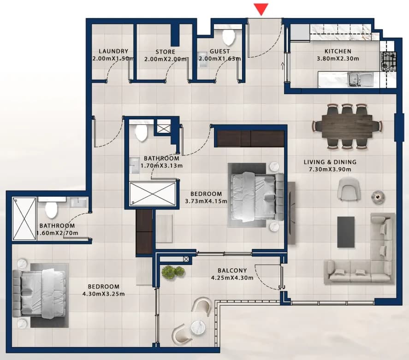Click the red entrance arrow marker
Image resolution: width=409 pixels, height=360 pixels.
click(261, 9)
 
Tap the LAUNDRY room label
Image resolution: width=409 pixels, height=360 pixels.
click(113, 51)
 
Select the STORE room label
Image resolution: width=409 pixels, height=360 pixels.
click(166, 52)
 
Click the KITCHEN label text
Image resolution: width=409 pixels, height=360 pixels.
click(338, 51)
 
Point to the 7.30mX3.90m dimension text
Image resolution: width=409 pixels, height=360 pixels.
click(330, 170)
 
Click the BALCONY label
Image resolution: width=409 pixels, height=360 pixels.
click(232, 271)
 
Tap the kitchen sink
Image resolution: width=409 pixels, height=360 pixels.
click(360, 79)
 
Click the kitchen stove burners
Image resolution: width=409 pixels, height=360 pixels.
click(389, 61)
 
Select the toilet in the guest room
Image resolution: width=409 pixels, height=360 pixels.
click(229, 37)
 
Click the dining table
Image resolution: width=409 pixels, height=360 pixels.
click(346, 126)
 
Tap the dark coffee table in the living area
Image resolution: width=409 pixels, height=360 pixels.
click(346, 232)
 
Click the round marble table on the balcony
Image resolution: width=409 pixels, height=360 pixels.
click(198, 327)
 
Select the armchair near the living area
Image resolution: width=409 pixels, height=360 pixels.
click(349, 189)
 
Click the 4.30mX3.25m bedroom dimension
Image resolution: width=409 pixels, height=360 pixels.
click(104, 294)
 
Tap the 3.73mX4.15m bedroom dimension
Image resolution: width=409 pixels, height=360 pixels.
click(206, 201)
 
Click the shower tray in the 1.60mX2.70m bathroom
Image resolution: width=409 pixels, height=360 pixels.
click(24, 218)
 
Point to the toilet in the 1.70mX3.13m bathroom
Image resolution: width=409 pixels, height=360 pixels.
click(142, 133)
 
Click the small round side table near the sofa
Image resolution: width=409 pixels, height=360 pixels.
click(378, 195)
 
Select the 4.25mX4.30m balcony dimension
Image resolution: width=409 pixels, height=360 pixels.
click(232, 278)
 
